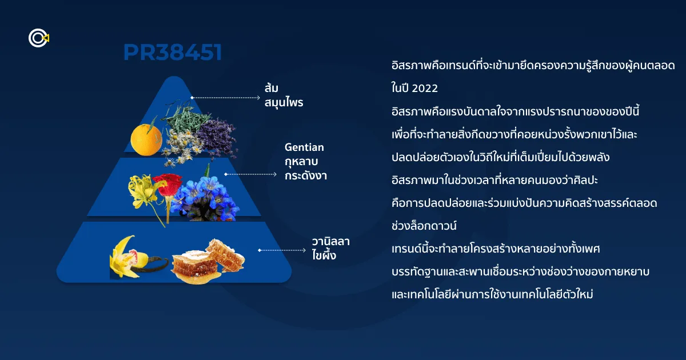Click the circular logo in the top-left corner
39,38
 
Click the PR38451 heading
173,52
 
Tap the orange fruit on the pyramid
146,139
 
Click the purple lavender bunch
217,137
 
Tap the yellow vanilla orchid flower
126,257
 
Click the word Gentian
304,147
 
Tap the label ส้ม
272,88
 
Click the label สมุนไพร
284,102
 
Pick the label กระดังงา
306,176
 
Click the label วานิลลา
331,242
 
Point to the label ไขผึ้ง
324,255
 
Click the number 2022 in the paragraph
425,88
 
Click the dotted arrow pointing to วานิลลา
282,250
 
